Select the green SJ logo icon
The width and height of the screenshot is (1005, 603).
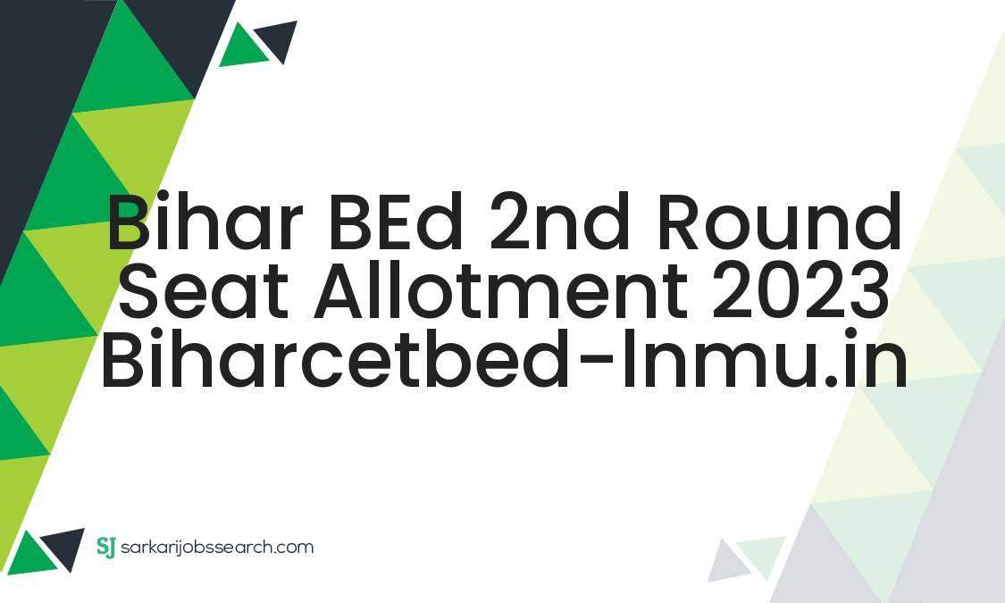[106, 546]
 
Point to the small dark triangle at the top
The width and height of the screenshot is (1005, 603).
[279, 39]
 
